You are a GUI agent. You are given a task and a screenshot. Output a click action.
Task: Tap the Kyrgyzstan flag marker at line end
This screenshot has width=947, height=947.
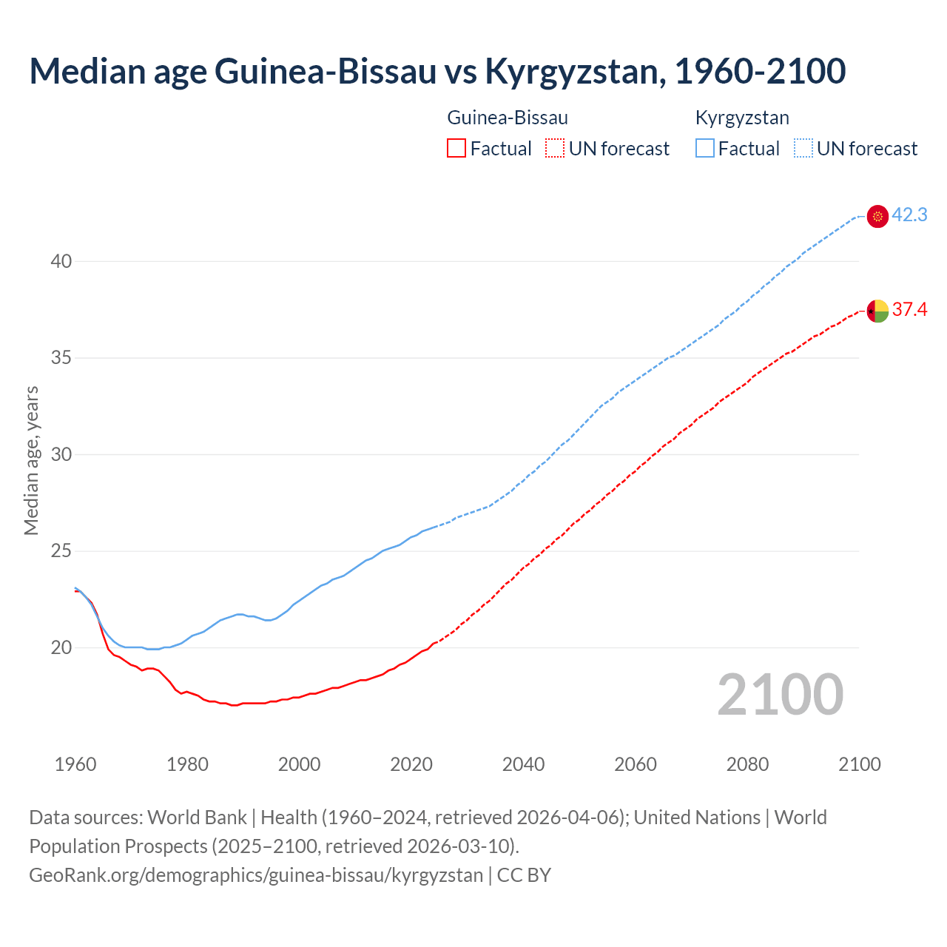(x=877, y=216)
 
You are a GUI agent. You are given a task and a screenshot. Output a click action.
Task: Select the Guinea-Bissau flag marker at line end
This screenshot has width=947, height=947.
(x=877, y=311)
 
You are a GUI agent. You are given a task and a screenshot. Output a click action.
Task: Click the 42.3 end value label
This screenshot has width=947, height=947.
(x=909, y=215)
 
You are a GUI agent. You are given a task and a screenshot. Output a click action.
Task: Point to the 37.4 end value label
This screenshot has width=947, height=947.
(x=909, y=310)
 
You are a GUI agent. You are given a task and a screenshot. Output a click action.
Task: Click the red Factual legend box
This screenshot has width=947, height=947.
(x=456, y=149)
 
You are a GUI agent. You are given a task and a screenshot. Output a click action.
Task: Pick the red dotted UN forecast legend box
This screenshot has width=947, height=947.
(x=555, y=149)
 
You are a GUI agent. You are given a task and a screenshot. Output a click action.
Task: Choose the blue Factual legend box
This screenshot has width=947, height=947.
(x=705, y=149)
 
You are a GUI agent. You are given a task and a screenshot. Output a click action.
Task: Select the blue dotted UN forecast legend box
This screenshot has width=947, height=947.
(x=803, y=149)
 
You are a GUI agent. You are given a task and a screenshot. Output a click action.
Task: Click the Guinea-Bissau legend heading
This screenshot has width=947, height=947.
(x=508, y=118)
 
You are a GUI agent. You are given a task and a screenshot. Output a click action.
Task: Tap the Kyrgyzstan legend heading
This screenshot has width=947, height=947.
(x=742, y=118)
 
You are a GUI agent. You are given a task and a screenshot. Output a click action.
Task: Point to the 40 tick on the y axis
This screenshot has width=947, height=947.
(x=61, y=261)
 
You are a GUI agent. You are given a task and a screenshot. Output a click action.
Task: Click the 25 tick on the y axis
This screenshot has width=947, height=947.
(x=61, y=551)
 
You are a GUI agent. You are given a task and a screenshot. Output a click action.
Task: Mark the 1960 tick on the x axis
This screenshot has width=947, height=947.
(x=75, y=764)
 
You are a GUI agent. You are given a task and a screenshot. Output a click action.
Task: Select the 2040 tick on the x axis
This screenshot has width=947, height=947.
(x=523, y=764)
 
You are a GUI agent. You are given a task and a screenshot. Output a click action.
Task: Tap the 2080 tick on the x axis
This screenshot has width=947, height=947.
(x=747, y=764)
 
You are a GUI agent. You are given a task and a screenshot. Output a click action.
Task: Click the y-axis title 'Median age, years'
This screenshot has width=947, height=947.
(x=31, y=460)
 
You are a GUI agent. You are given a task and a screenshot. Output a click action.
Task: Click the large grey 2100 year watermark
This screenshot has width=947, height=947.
(x=780, y=695)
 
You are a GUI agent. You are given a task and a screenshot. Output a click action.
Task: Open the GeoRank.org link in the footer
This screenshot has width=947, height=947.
(x=255, y=875)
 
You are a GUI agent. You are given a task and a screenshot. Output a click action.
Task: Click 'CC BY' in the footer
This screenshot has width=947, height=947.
(x=524, y=875)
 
